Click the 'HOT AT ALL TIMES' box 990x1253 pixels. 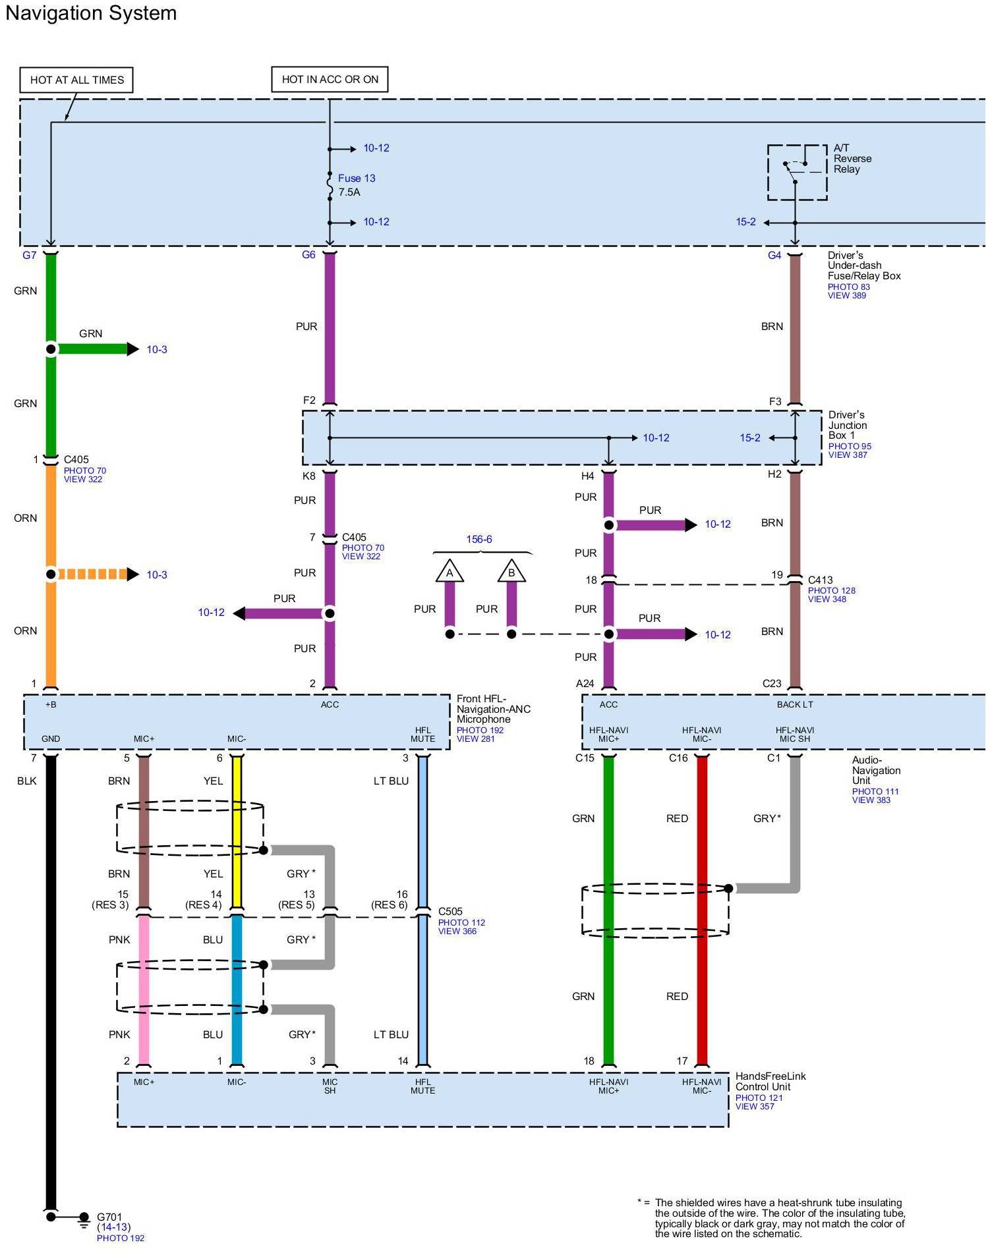click(76, 80)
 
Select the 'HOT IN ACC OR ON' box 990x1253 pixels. click(330, 79)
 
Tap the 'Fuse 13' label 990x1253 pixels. click(357, 178)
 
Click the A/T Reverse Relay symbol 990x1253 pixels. click(797, 172)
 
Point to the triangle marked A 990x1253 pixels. click(450, 572)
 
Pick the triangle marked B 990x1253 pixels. click(511, 572)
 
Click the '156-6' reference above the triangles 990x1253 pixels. click(479, 539)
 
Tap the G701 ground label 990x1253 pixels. click(109, 1217)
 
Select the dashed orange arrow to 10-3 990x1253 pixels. click(96, 574)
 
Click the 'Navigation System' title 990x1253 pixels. click(91, 13)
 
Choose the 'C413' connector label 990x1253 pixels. click(821, 580)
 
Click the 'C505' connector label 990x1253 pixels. click(451, 912)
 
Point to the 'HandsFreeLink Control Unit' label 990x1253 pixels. click(770, 1081)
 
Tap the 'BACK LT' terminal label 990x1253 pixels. click(794, 704)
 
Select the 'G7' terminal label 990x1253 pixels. click(30, 255)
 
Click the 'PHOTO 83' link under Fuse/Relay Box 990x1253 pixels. click(849, 287)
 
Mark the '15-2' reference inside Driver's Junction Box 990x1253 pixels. click(750, 437)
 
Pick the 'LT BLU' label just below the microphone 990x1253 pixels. click(391, 781)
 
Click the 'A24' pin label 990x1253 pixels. click(585, 683)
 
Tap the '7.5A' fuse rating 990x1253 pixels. click(349, 192)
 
